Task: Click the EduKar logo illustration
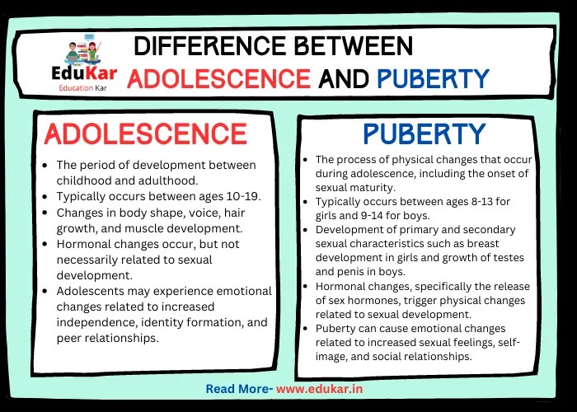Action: [80, 50]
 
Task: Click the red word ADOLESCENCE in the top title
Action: [219, 78]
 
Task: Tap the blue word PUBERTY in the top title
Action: [433, 78]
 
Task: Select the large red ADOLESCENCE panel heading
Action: [145, 133]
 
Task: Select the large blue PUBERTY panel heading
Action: [423, 133]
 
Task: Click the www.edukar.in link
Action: [322, 388]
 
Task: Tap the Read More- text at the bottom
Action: [238, 388]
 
